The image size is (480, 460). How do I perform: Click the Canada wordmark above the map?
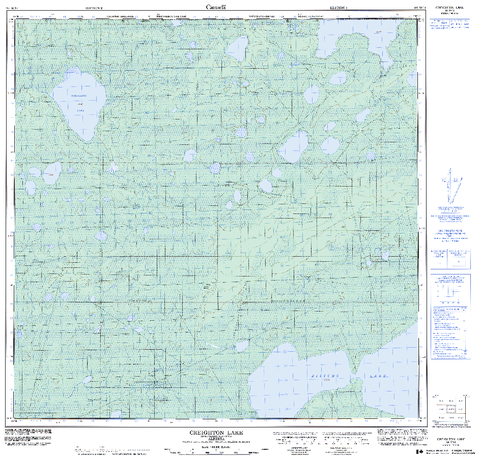click(216, 7)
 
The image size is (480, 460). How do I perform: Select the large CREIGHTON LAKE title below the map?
click(216, 433)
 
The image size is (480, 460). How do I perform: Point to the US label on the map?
click(135, 206)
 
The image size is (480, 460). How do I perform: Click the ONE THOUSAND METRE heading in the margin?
click(450, 232)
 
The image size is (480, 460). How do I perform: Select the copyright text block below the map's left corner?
click(28, 437)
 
